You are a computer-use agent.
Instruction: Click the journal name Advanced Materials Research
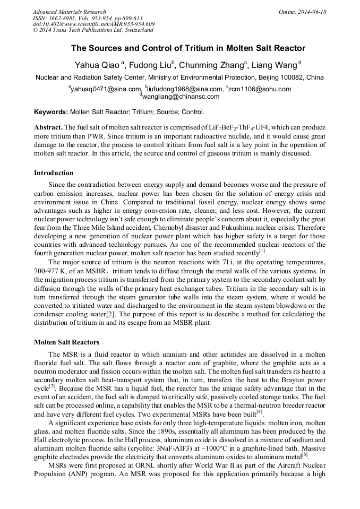[x=69, y=12]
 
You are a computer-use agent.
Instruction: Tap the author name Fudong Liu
[x=150, y=65]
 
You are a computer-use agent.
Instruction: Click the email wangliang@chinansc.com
[x=181, y=97]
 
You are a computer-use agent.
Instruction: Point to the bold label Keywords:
[x=51, y=113]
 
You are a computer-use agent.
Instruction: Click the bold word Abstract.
[x=48, y=128]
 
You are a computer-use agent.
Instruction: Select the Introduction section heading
[x=54, y=173]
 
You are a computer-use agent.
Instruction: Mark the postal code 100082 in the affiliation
[x=290, y=77]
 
